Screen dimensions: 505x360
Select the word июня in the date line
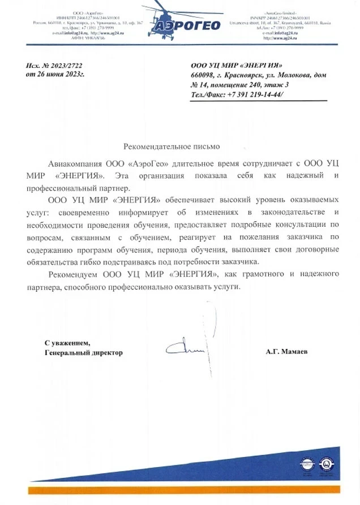tap(57, 75)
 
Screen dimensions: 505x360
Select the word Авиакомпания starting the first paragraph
tap(73, 163)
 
